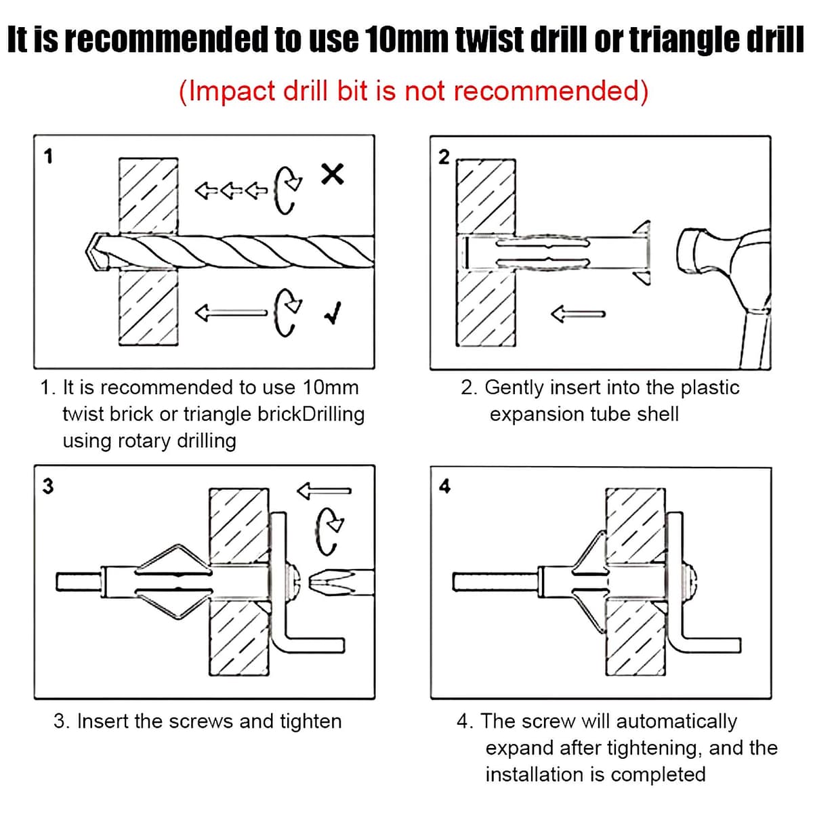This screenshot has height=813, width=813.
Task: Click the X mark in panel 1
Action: click(x=333, y=175)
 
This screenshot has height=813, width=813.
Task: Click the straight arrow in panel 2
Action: click(x=577, y=314)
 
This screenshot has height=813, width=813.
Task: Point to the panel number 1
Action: click(x=47, y=157)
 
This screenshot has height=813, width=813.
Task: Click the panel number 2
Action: click(x=444, y=157)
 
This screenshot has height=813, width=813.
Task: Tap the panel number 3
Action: click(x=47, y=486)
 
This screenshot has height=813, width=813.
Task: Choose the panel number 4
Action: click(x=444, y=486)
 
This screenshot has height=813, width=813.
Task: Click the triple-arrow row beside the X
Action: click(x=230, y=190)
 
